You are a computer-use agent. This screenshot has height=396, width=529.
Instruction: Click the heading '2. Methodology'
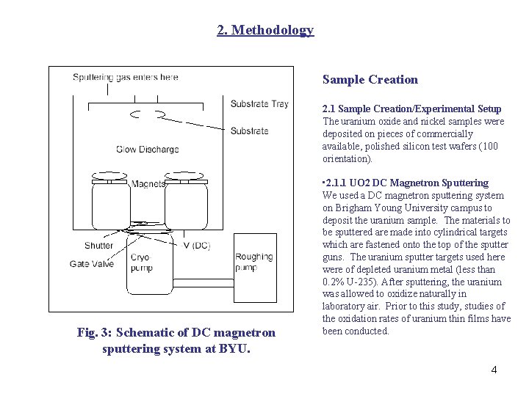tap(265, 30)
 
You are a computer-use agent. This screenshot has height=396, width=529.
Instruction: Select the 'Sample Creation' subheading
tap(370, 80)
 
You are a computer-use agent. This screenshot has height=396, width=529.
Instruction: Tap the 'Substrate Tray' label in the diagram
tap(259, 104)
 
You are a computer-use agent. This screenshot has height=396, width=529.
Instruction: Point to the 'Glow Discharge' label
tap(147, 150)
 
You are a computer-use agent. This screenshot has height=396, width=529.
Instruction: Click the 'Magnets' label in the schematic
tap(148, 184)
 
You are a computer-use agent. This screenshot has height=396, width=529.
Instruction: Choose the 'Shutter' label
tap(98, 246)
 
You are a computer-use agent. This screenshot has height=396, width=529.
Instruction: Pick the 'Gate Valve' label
tap(92, 264)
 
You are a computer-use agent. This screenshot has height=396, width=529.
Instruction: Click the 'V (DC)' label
tap(196, 246)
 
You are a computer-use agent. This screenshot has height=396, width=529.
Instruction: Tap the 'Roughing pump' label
tap(253, 263)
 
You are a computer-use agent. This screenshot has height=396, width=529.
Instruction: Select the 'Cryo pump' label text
tap(140, 263)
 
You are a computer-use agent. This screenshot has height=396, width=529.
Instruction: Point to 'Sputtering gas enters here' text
tap(125, 77)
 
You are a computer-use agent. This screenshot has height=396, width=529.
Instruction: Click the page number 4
tap(494, 370)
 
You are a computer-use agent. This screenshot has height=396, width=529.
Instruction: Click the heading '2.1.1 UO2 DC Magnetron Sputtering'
tap(406, 183)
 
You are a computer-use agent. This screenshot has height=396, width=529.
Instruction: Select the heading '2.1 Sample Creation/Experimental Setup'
tap(411, 109)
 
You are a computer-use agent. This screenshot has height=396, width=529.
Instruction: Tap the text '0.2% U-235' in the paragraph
tap(349, 282)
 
